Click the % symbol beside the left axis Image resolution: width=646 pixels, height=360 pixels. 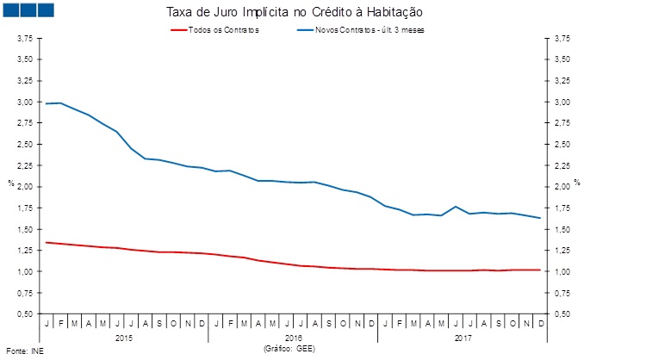tap(10, 183)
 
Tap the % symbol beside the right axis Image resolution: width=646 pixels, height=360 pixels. tap(577, 183)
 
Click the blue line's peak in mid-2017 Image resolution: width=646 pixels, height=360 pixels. tap(455, 207)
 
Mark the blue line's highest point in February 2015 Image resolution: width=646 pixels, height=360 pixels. tap(60, 102)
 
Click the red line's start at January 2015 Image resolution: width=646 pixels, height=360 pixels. tap(47, 242)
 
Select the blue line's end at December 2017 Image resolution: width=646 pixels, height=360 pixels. tap(539, 218)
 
